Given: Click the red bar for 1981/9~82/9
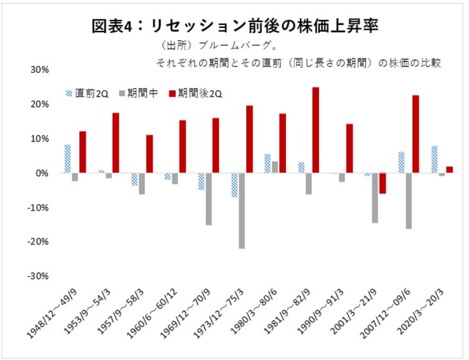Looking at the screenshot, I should pyautogui.click(x=316, y=130).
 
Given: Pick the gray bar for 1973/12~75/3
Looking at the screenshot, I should pyautogui.click(x=241, y=211).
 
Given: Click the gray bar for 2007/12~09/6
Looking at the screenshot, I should pyautogui.click(x=408, y=201).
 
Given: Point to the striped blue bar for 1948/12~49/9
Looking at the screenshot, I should pyautogui.click(x=68, y=158).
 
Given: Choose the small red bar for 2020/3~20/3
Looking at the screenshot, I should pyautogui.click(x=449, y=169).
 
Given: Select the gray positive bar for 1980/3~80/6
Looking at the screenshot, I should pyautogui.click(x=274, y=167).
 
